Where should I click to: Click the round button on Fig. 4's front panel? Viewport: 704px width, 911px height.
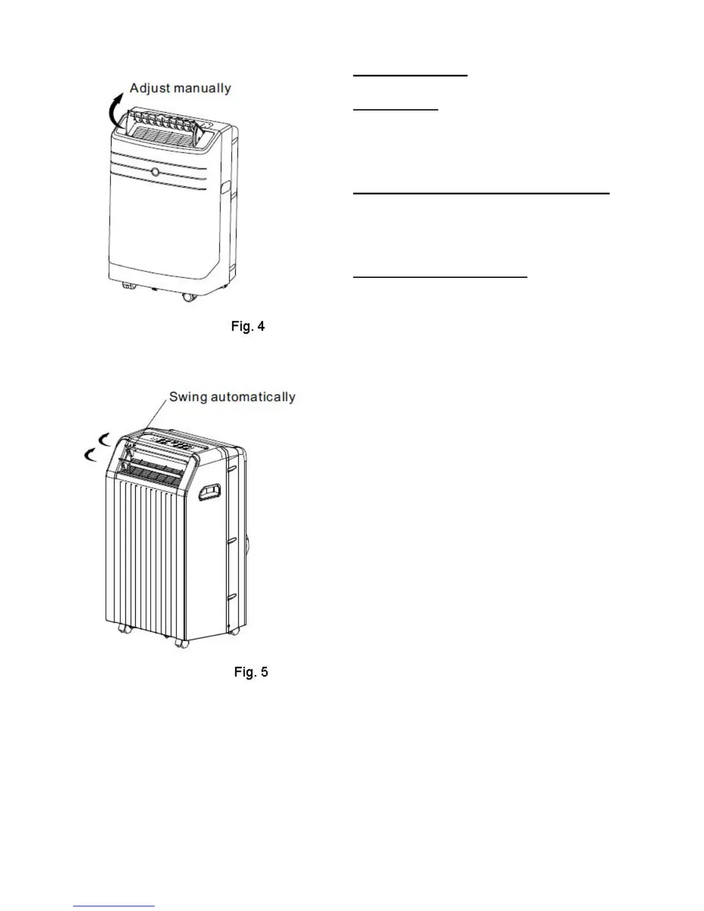pyautogui.click(x=156, y=172)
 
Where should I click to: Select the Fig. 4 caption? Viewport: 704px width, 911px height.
pyautogui.click(x=248, y=327)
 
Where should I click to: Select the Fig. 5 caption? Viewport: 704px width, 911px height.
pyautogui.click(x=251, y=672)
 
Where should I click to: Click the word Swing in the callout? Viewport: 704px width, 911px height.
pyautogui.click(x=188, y=397)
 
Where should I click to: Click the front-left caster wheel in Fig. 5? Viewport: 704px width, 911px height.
pyautogui.click(x=123, y=629)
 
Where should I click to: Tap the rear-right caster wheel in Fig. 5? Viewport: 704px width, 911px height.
pyautogui.click(x=234, y=631)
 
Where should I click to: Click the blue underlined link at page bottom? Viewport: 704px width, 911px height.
pyautogui.click(x=114, y=906)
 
